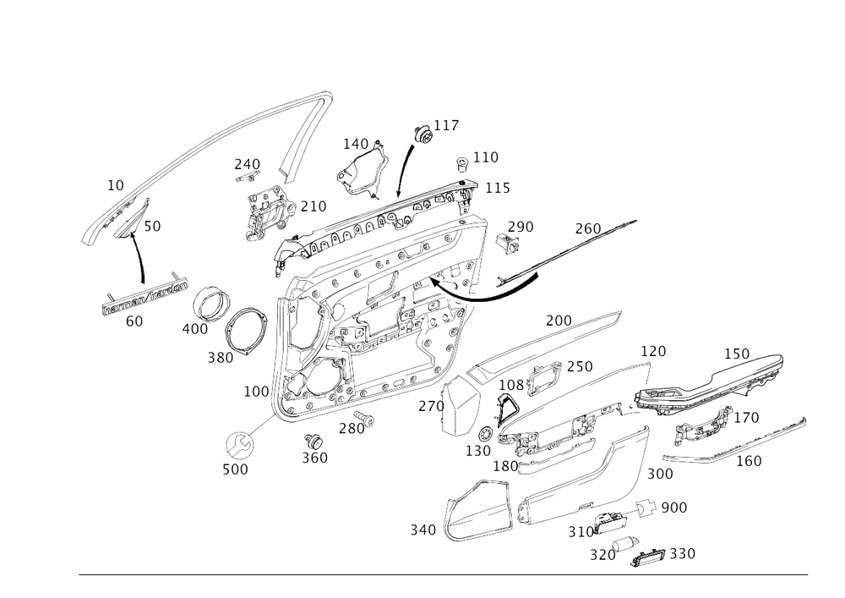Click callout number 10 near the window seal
116,182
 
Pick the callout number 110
486,156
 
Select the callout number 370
602,556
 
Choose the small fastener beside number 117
419,131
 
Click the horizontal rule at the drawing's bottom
443,575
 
